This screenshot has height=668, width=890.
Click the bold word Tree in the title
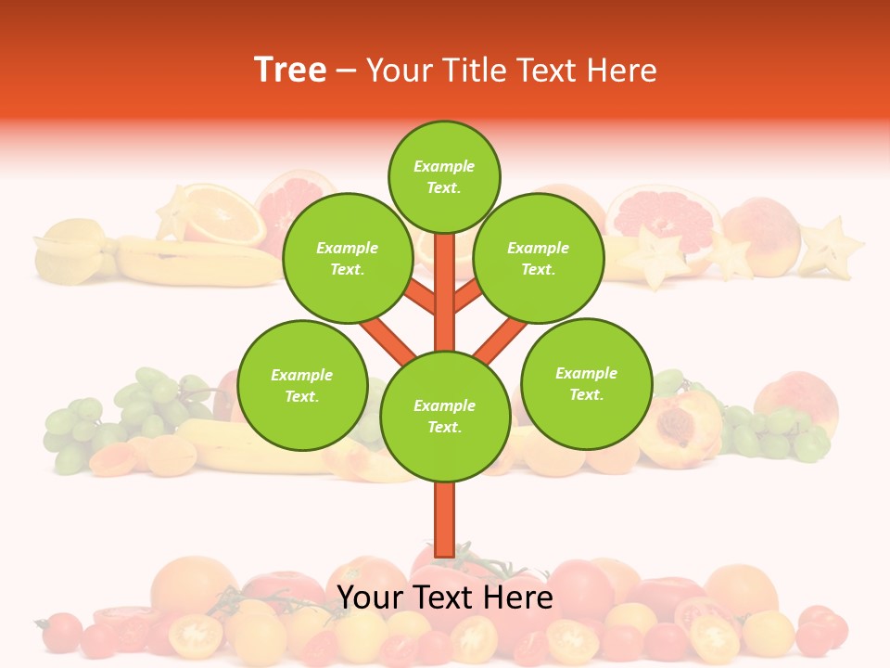click(x=290, y=70)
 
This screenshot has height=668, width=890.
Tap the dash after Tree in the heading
click(x=346, y=71)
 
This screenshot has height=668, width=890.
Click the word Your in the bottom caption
click(x=371, y=597)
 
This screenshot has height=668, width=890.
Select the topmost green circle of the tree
click(x=444, y=176)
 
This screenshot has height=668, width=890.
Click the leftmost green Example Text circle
click(x=302, y=385)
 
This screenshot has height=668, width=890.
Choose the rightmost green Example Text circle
click(x=587, y=383)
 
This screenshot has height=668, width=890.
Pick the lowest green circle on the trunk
click(x=445, y=417)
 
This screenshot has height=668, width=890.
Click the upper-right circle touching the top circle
click(x=539, y=258)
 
